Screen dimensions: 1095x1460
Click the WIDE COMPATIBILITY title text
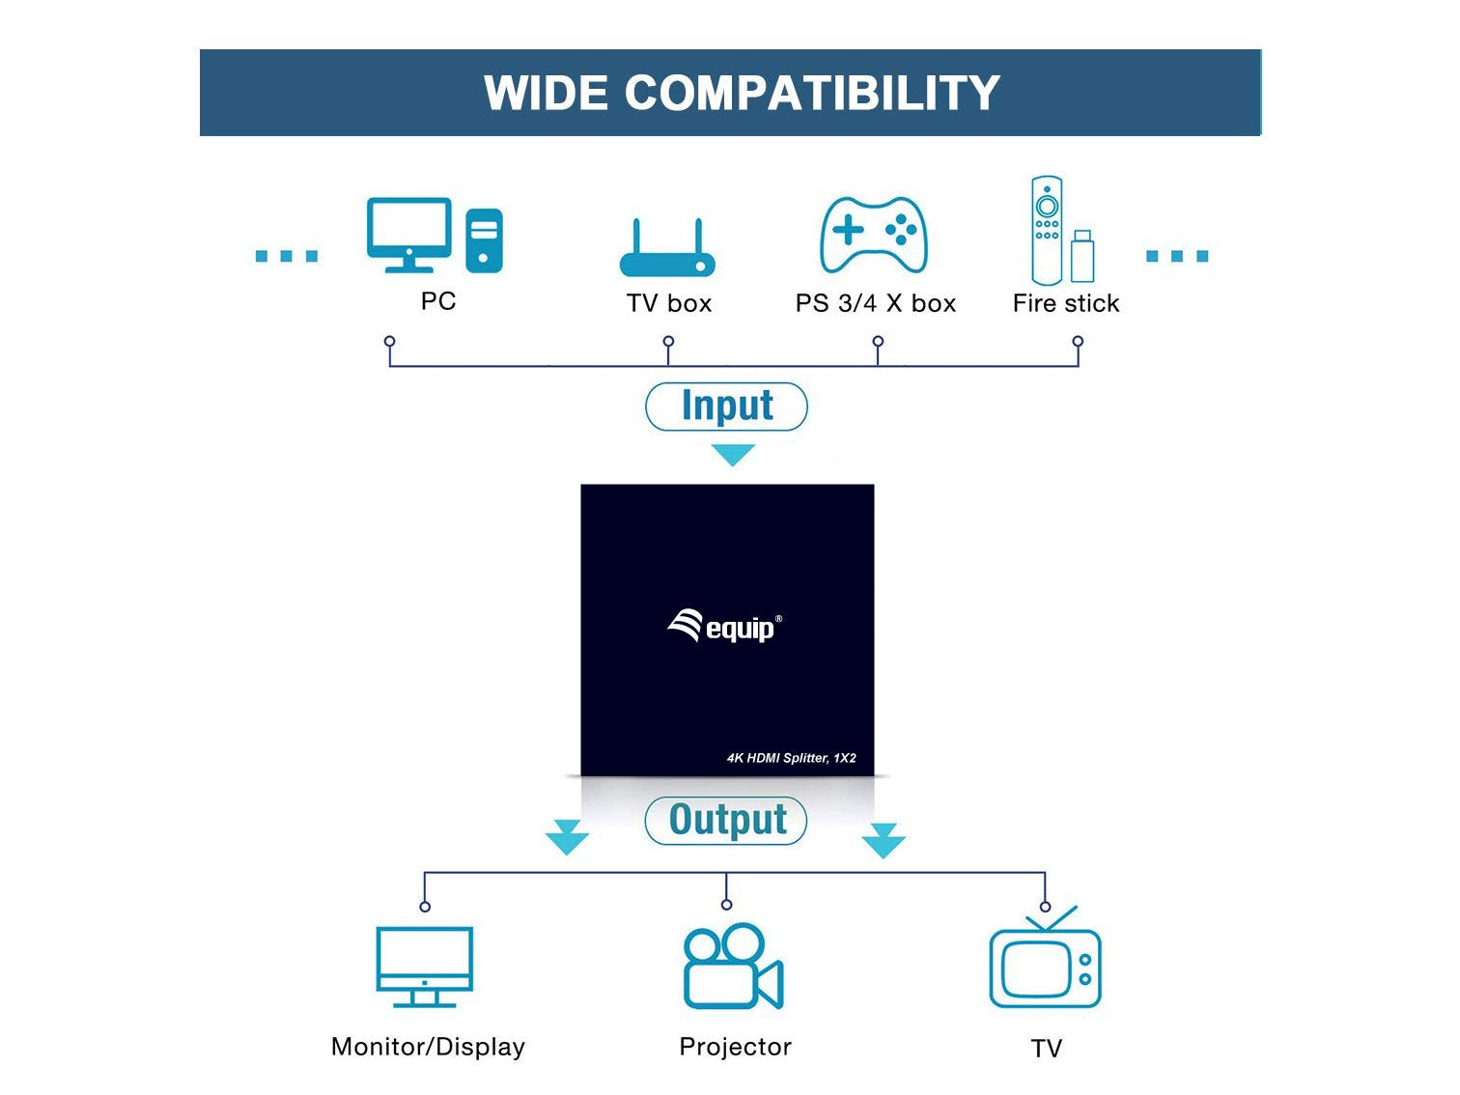tap(741, 93)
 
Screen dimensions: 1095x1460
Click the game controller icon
tap(873, 235)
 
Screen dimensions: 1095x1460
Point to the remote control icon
tap(1047, 230)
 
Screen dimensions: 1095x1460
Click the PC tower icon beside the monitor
tap(484, 240)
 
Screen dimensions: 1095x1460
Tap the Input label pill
tap(726, 407)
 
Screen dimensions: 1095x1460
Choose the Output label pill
tap(726, 820)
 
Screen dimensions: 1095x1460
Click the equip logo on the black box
tap(724, 627)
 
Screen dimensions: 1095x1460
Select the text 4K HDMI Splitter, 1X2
tap(791, 758)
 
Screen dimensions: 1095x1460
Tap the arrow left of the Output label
tap(567, 837)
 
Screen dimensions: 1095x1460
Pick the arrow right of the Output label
tap(884, 840)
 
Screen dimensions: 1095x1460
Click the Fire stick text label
tap(1066, 303)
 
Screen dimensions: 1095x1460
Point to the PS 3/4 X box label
tap(875, 303)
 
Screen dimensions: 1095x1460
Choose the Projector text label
tap(735, 1047)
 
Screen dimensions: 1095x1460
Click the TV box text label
tap(668, 303)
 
